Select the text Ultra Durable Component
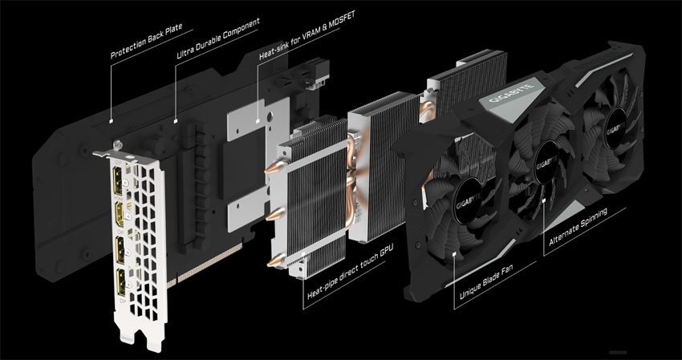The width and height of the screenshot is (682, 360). [x=218, y=38]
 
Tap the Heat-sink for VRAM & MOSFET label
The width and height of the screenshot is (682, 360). [x=307, y=35]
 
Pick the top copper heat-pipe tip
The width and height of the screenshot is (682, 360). [x=276, y=167]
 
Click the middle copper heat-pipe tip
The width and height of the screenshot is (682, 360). [x=275, y=214]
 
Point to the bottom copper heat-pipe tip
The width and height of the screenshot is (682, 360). [x=276, y=260]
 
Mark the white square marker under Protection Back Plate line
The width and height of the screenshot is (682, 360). [x=112, y=120]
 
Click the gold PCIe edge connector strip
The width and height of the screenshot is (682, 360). [x=205, y=265]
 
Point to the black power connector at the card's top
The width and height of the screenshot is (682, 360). [x=317, y=72]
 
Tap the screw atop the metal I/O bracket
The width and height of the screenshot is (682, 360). [x=116, y=144]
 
